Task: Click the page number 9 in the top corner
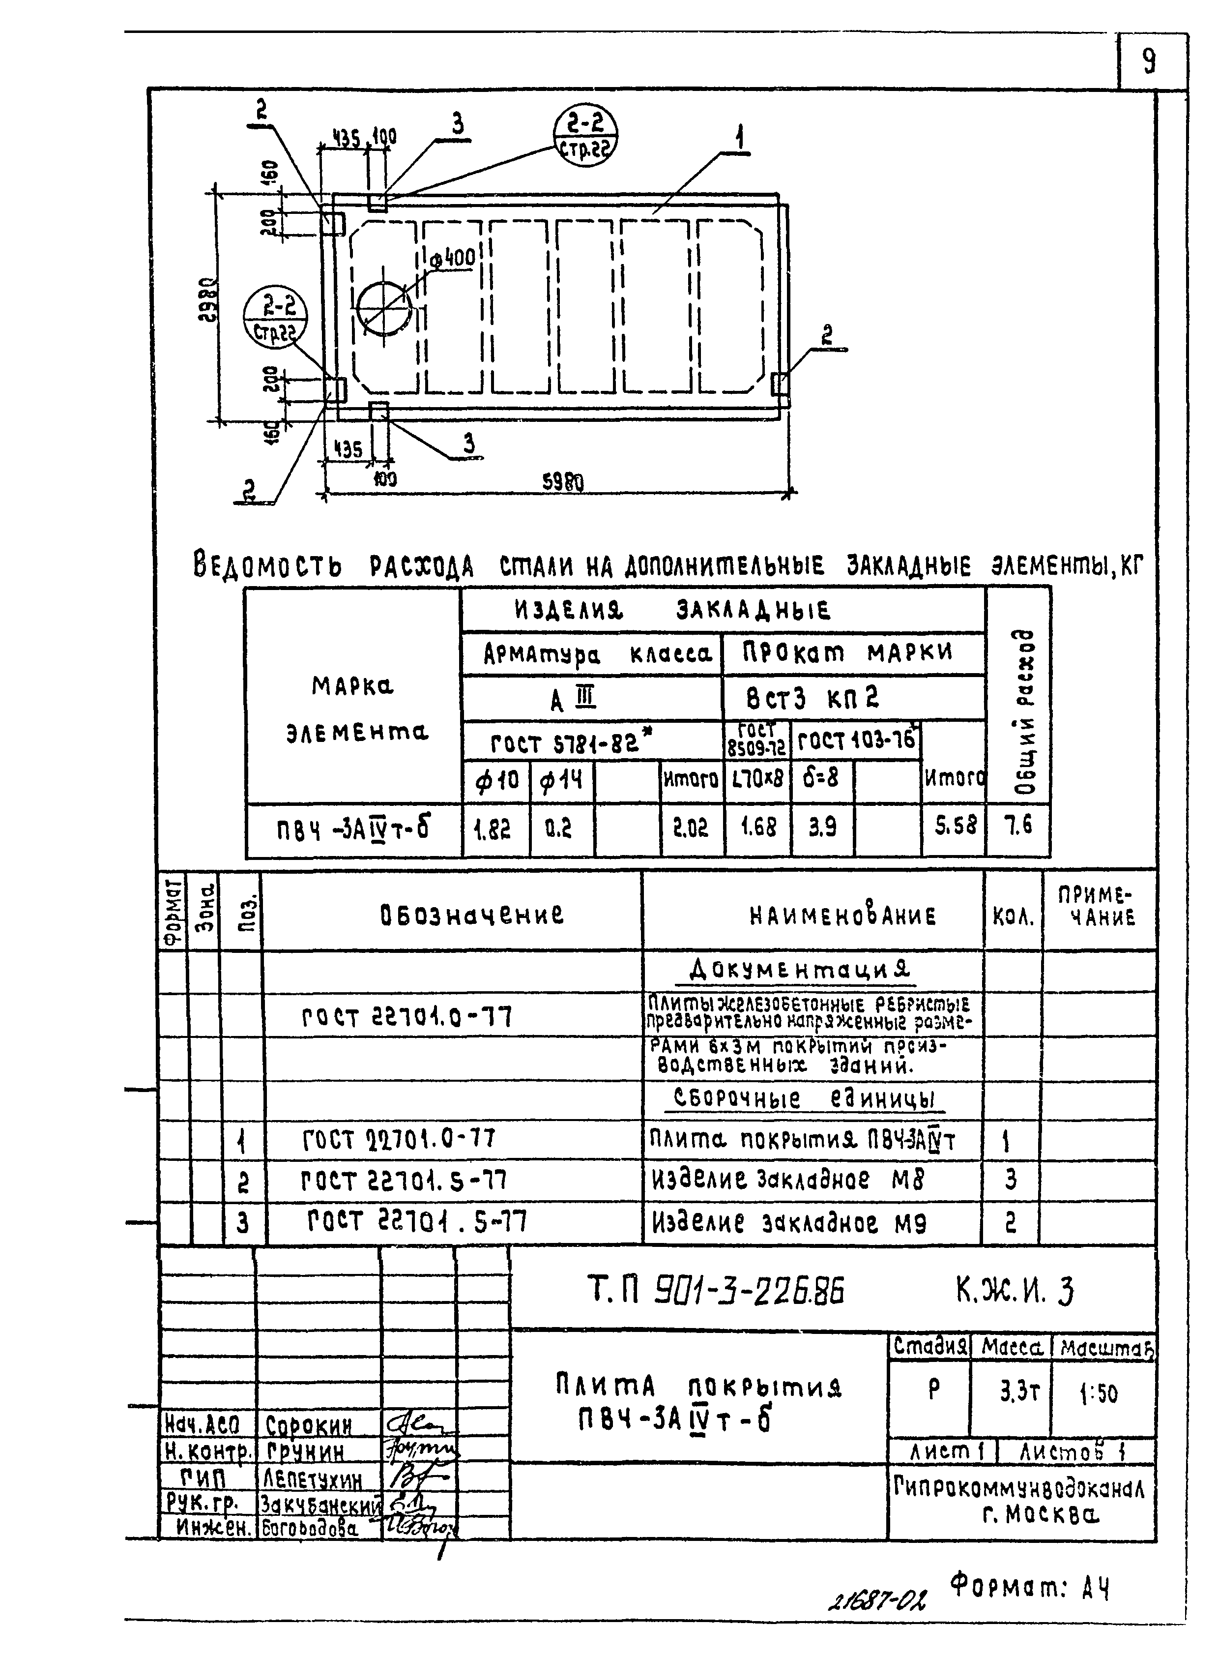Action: click(x=1149, y=62)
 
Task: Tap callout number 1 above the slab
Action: click(x=739, y=137)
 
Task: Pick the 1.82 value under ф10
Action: click(x=492, y=828)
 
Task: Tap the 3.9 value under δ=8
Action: click(x=822, y=827)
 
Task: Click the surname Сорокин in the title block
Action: click(x=309, y=1425)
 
